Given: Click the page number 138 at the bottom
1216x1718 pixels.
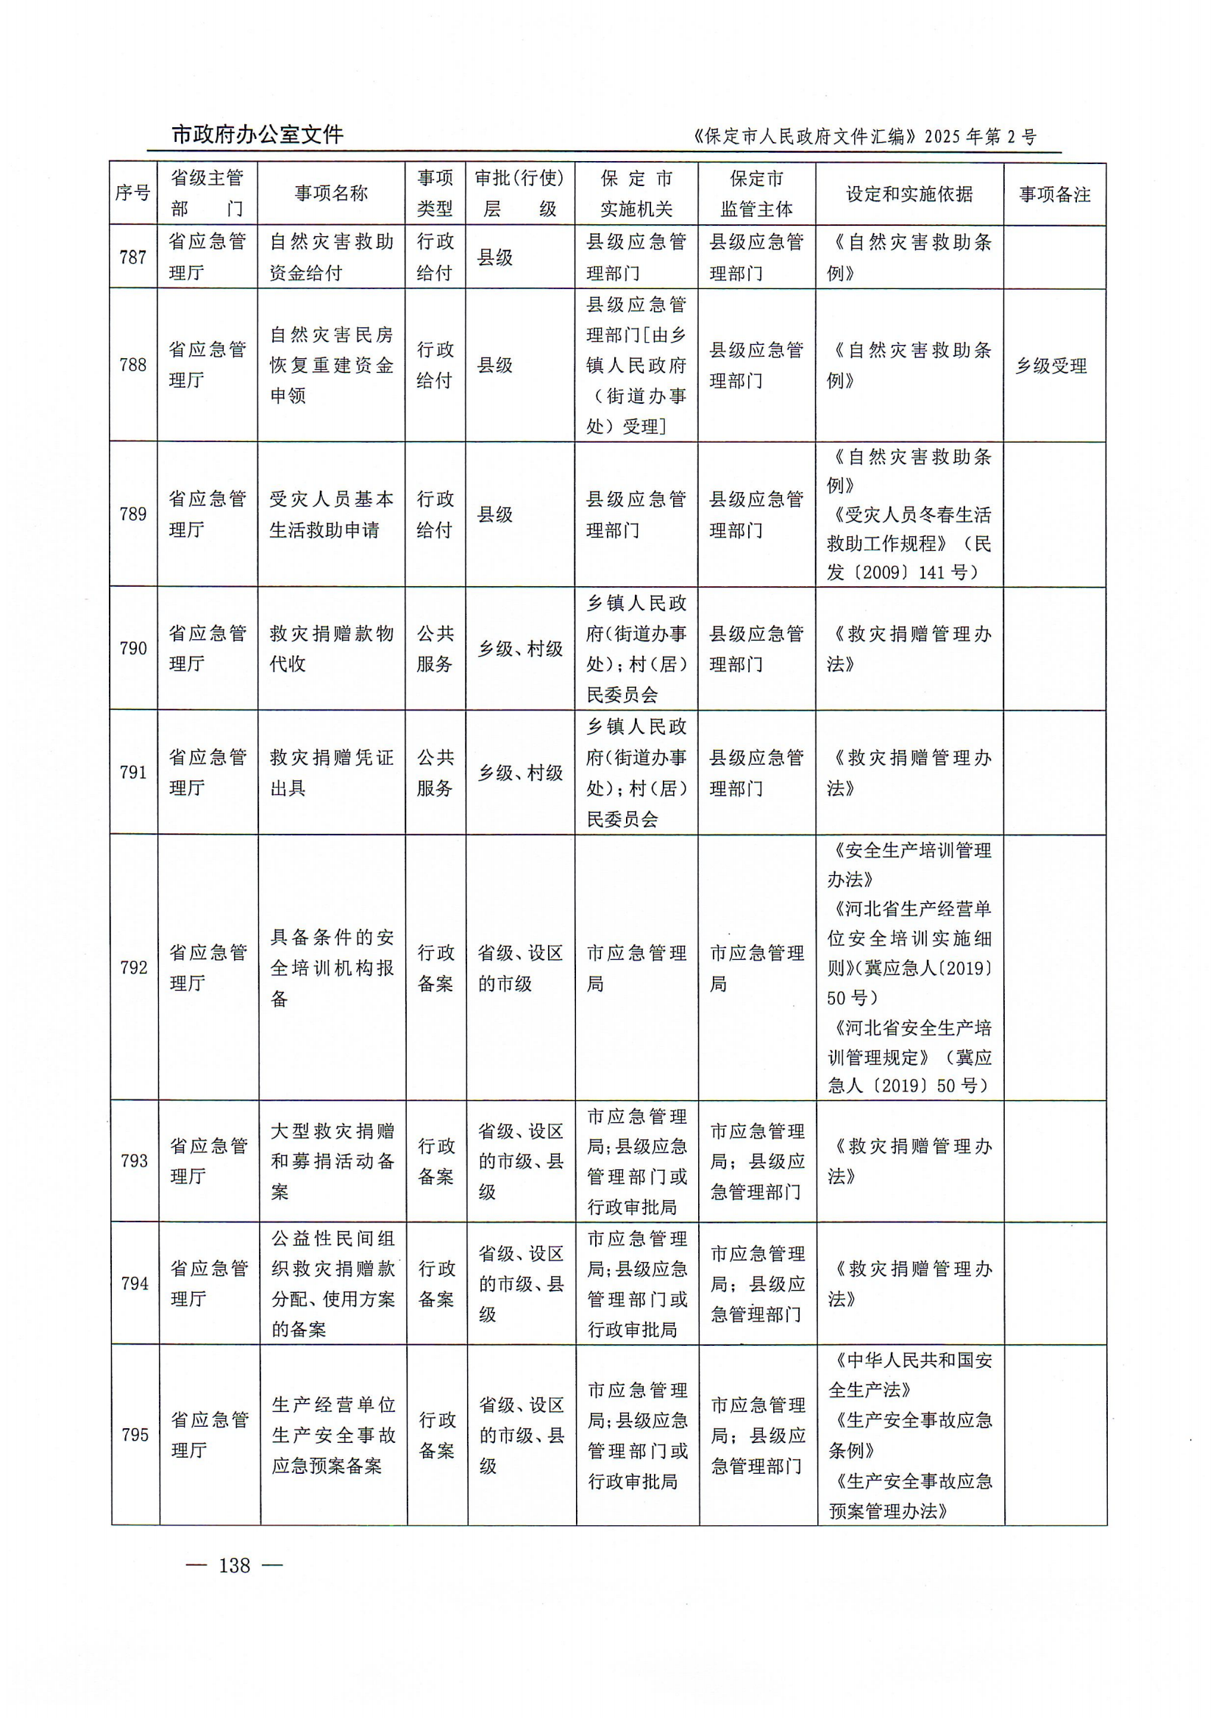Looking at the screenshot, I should (x=235, y=1564).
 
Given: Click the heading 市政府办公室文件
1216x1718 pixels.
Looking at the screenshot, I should (x=257, y=135).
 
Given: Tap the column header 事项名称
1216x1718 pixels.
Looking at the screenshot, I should (x=331, y=193).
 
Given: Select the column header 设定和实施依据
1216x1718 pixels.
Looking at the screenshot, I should (x=909, y=194).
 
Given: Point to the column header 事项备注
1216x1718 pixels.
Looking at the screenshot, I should (x=1054, y=195).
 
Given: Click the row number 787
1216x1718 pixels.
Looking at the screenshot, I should (x=133, y=257).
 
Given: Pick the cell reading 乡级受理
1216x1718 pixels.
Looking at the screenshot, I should (x=1050, y=366).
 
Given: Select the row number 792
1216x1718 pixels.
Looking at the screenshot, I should (x=134, y=968).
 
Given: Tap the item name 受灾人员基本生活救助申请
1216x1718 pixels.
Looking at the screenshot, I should (x=331, y=514).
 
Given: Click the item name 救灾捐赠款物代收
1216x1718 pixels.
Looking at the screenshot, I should (x=331, y=648).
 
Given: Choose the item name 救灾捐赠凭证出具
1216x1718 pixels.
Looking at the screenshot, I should (x=331, y=772).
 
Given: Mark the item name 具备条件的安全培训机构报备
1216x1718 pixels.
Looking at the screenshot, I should (x=332, y=968).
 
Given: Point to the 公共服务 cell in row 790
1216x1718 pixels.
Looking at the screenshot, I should (x=435, y=648).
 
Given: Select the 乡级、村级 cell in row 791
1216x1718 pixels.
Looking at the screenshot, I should (x=520, y=772).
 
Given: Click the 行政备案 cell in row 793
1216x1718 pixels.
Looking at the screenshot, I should (x=436, y=1161).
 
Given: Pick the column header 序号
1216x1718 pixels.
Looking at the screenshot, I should (x=132, y=193).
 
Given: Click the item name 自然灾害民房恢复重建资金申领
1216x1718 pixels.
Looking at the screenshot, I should (x=331, y=366).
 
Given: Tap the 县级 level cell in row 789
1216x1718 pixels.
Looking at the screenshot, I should (x=495, y=515).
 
